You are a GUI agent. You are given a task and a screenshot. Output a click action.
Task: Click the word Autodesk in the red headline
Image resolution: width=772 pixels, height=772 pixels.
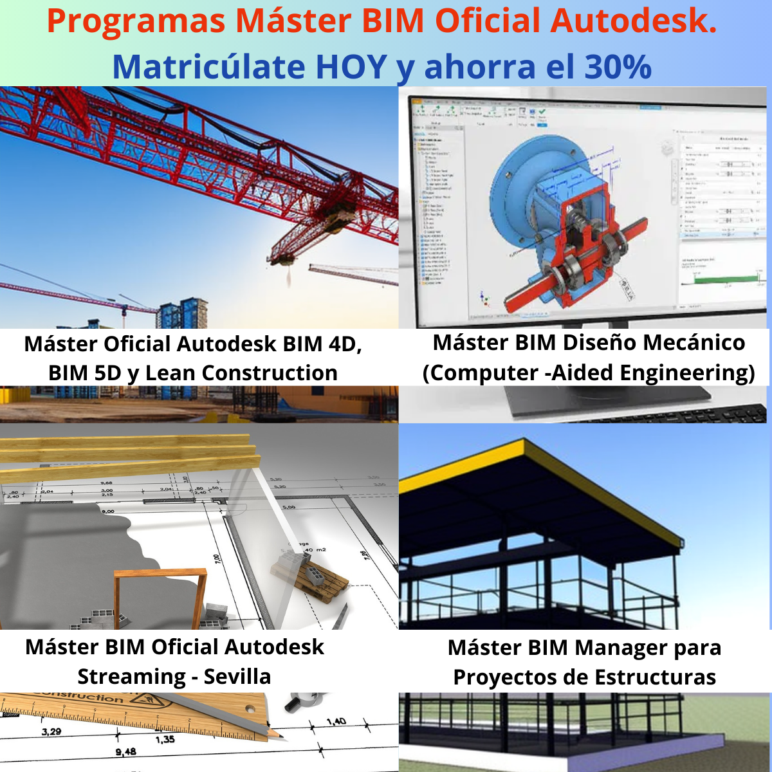[x=634, y=21]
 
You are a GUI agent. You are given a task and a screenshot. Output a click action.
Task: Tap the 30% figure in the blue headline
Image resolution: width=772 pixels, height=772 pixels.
[x=618, y=66]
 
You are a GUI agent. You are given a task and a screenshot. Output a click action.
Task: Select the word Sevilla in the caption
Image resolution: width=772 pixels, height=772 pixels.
[x=237, y=677]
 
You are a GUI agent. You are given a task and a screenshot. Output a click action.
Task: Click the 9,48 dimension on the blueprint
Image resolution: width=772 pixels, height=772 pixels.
[x=125, y=751]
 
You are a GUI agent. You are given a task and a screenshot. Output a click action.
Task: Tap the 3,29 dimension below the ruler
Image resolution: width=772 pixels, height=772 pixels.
[x=51, y=732]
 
